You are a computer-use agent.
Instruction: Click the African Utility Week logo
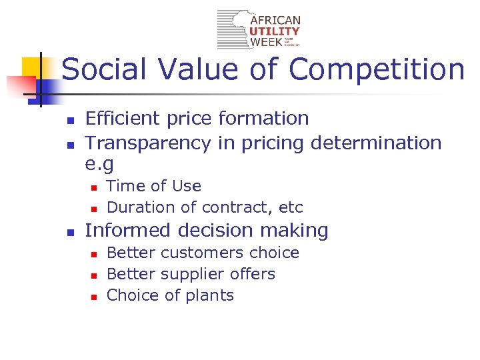pyautogui.click(x=259, y=29)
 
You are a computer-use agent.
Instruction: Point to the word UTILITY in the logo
pyautogui.click(x=275, y=31)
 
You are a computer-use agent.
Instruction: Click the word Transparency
pyautogui.click(x=148, y=143)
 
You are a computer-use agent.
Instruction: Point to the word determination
pyautogui.click(x=376, y=143)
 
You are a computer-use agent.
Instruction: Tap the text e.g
pyautogui.click(x=100, y=164)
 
